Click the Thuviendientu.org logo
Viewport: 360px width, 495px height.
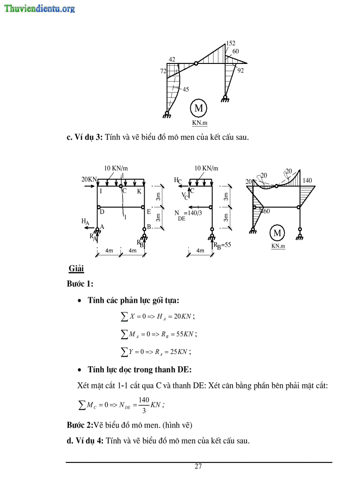40,8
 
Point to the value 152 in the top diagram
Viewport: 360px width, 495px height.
230,43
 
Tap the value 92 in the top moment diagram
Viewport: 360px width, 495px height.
240,70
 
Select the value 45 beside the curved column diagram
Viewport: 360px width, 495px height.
186,89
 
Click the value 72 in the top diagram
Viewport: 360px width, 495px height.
163,71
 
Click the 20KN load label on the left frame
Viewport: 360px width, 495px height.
89,179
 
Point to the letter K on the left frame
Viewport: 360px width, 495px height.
139,191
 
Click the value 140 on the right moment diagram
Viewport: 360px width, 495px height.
307,181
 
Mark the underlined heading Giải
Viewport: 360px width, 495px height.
76,268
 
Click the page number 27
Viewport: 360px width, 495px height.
198,467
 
